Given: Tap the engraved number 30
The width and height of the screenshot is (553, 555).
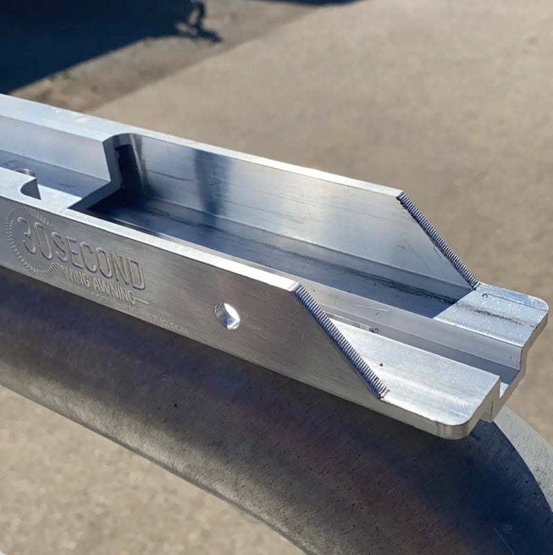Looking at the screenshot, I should [x=36, y=236].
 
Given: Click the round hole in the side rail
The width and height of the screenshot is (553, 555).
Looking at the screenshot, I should [x=227, y=315].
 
